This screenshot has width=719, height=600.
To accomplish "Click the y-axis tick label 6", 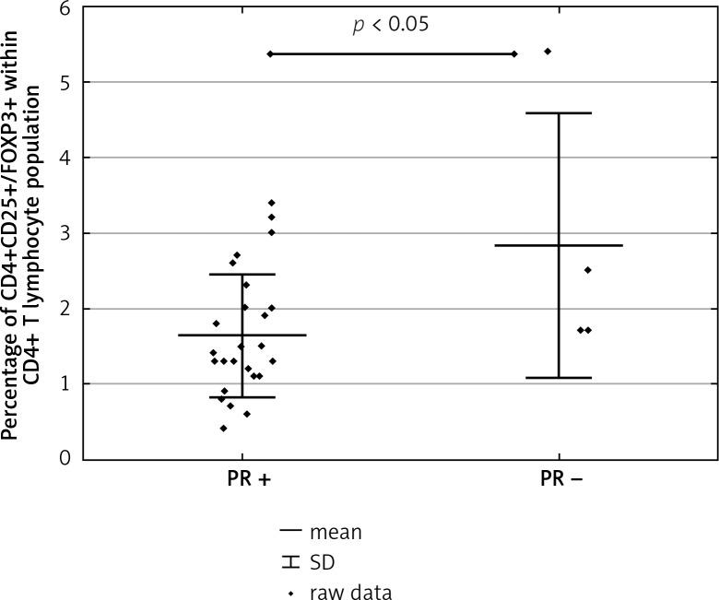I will pyautogui.click(x=65, y=9).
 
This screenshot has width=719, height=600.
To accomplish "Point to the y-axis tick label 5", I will pyautogui.click(x=65, y=83).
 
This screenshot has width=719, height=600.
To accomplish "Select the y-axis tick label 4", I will pyautogui.click(x=65, y=159).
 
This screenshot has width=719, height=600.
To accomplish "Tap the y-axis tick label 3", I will pyautogui.click(x=65, y=233).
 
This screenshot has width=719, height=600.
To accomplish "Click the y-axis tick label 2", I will pyautogui.click(x=65, y=309).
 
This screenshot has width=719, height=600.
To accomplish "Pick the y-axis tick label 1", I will pyautogui.click(x=65, y=383).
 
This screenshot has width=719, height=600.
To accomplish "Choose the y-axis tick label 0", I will pyautogui.click(x=65, y=458).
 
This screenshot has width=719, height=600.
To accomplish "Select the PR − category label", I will pyautogui.click(x=560, y=483).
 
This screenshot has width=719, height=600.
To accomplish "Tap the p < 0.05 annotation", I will pyautogui.click(x=391, y=25).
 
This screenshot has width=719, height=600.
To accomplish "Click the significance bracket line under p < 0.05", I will pyautogui.click(x=392, y=54).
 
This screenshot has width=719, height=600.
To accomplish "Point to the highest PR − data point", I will pyautogui.click(x=548, y=52).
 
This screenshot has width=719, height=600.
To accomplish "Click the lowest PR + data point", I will pyautogui.click(x=223, y=428).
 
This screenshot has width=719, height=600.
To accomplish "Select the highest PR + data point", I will pyautogui.click(x=271, y=203).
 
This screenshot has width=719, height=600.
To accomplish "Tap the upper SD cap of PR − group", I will pyautogui.click(x=559, y=113).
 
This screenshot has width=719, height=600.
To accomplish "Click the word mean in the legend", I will pyautogui.click(x=336, y=532).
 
